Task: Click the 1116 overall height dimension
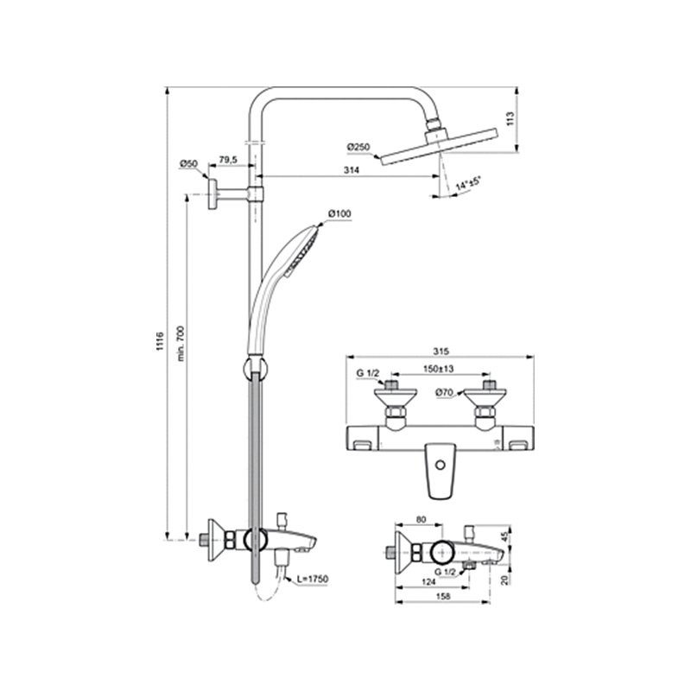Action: pyautogui.click(x=160, y=341)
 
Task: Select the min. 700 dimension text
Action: pyautogui.click(x=181, y=344)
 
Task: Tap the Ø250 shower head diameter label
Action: pyautogui.click(x=358, y=148)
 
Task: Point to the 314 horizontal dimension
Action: pyautogui.click(x=352, y=170)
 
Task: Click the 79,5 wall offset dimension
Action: pyautogui.click(x=228, y=160)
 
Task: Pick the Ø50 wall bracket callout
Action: pyautogui.click(x=188, y=164)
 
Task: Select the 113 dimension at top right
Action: pyautogui.click(x=510, y=119)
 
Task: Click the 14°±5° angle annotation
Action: pyautogui.click(x=468, y=183)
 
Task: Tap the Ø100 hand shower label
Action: pyautogui.click(x=339, y=213)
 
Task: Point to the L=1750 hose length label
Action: pyautogui.click(x=313, y=579)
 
